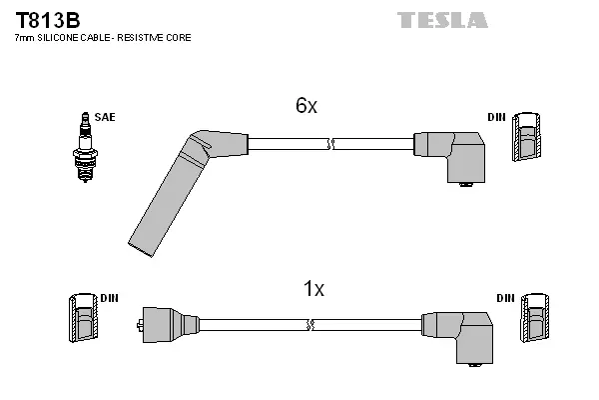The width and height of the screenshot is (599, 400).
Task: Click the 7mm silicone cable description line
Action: (x=102, y=38)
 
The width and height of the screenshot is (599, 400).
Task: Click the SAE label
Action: (x=105, y=117)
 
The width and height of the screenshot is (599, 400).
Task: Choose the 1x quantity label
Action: (x=313, y=289)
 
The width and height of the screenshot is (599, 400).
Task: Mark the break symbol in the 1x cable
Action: (x=311, y=325)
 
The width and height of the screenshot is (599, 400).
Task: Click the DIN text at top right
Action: (x=496, y=118)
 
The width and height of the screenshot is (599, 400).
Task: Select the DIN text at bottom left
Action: (x=109, y=298)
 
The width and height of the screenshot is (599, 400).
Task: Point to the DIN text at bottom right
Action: (x=505, y=298)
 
